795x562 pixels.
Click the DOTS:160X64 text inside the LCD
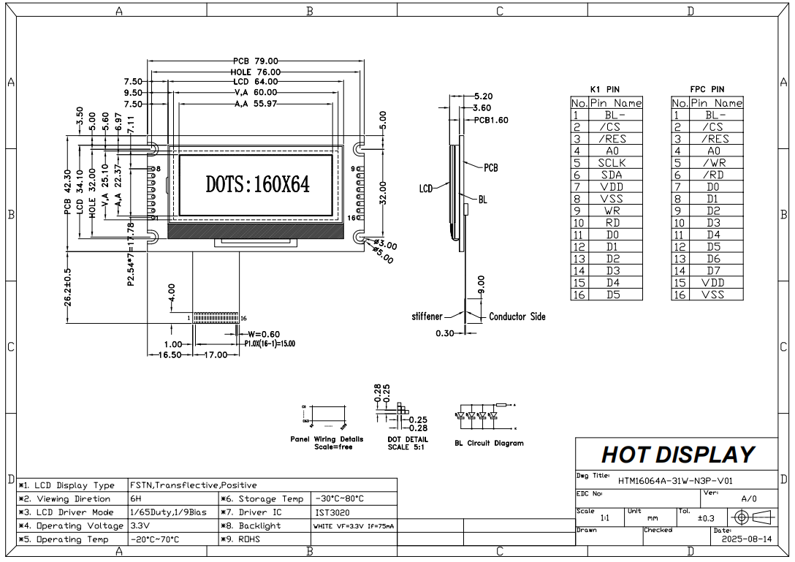point(257,184)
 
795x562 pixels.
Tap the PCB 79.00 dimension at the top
point(256,61)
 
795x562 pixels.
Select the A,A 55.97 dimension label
point(256,105)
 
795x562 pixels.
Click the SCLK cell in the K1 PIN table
point(612,163)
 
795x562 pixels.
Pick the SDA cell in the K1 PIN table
point(612,175)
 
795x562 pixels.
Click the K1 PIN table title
point(605,89)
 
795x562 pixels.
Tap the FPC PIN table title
point(707,89)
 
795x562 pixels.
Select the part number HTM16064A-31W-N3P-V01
point(674,481)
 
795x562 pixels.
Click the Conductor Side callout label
point(517,316)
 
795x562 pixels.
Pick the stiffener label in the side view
point(427,316)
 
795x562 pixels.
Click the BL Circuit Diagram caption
point(489,443)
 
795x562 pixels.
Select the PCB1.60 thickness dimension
point(491,120)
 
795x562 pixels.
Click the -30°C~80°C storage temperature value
point(340,498)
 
